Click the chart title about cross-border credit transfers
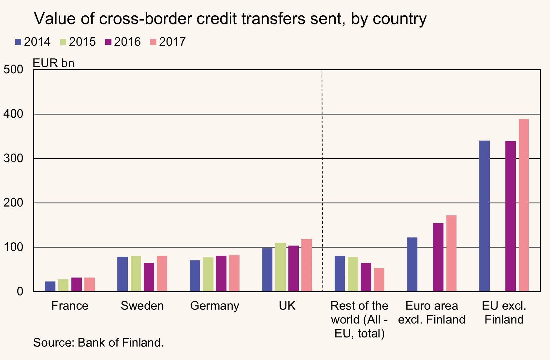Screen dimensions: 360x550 click(x=230, y=19)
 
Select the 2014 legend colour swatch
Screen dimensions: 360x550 click(x=18, y=42)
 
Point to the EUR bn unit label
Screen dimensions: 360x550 click(x=54, y=63)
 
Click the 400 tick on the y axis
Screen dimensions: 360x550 click(x=13, y=114)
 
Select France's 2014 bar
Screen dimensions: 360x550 click(x=50, y=286)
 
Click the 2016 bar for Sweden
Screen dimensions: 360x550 click(x=149, y=277)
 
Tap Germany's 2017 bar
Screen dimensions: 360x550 click(x=234, y=273)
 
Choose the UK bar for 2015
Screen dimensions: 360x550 click(x=281, y=267)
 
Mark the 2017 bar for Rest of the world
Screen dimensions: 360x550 click(x=379, y=280)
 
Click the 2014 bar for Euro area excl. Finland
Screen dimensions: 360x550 click(x=412, y=264)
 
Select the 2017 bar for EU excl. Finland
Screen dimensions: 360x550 click(x=524, y=205)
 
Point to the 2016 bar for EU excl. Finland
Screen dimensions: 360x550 click(x=511, y=216)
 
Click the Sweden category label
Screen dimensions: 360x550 click(x=142, y=306)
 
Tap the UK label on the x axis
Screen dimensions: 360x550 click(x=287, y=306)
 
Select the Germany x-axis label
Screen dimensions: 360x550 click(x=215, y=306)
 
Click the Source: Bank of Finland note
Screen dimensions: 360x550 click(x=98, y=343)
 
